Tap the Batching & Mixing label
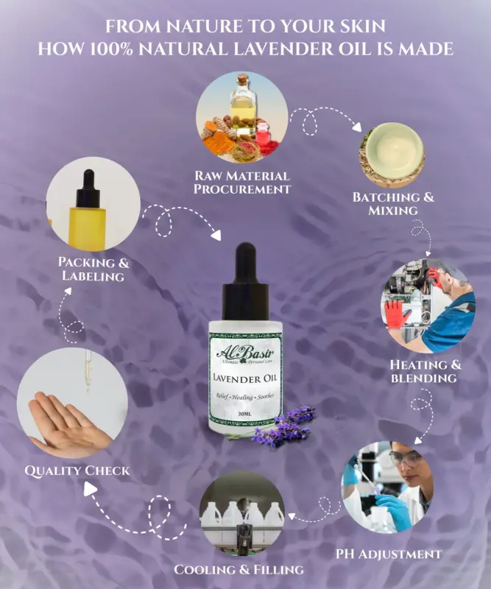tap(393, 204)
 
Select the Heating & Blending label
tap(423, 371)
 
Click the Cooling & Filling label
tap(239, 570)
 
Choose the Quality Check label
tap(77, 470)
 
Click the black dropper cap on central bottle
tap(245, 283)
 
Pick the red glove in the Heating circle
tap(398, 314)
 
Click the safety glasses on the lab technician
tap(403, 457)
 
